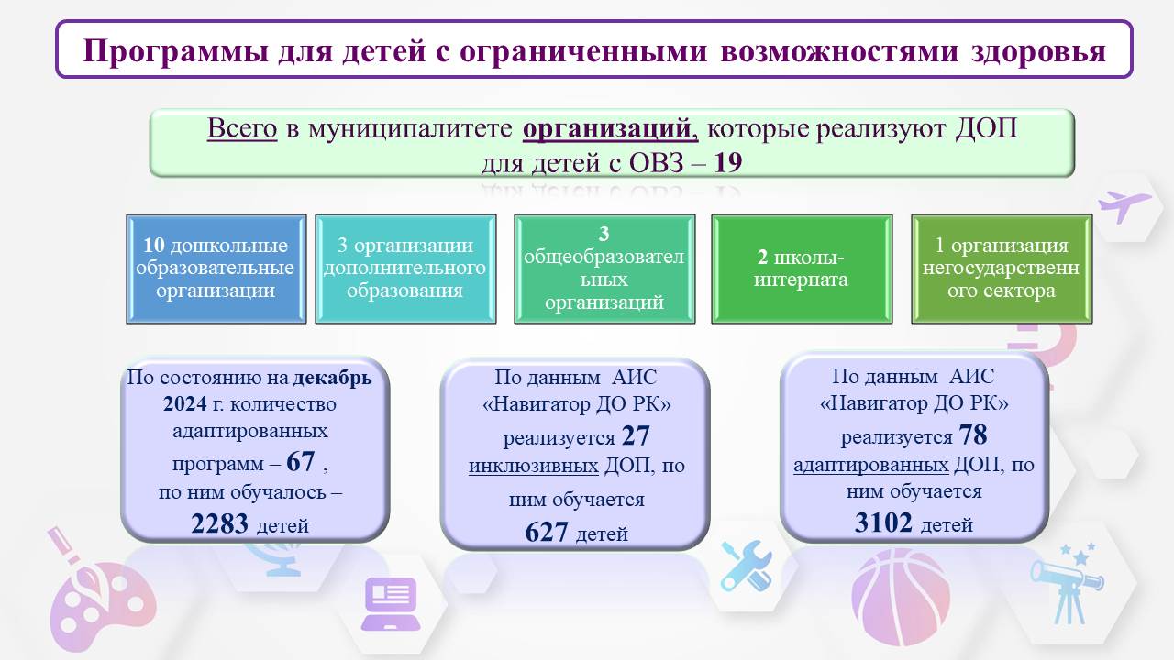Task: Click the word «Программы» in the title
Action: pos(175,51)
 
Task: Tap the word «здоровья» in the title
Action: pos(1038,52)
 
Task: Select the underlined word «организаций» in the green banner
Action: pos(610,129)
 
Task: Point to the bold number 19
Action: pos(728,163)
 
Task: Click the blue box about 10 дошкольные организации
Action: pos(216,269)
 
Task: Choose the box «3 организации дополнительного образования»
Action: pos(405,269)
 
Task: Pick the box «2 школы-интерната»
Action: pos(802,269)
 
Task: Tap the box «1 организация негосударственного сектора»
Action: pos(1002,269)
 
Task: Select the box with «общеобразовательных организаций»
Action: pos(604,269)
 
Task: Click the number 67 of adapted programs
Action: pos(300,461)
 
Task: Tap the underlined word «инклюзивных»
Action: pos(534,466)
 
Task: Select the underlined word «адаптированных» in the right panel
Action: pos(871,465)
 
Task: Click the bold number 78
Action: pos(973,434)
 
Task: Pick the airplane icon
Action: pos(1124,206)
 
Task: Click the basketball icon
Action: pos(901,597)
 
